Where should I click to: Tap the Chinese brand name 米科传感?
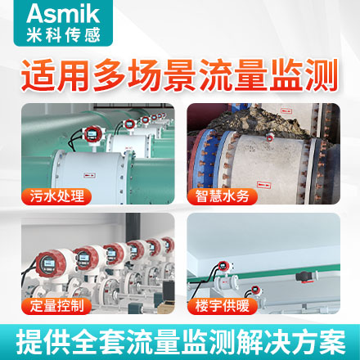tap(63, 35)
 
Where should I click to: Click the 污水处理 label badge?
tap(56, 196)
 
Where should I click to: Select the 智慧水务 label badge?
tap(223, 196)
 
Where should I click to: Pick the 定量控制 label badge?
tap(56, 306)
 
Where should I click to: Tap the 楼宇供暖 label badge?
tap(223, 306)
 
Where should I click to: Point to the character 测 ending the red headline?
tap(322, 75)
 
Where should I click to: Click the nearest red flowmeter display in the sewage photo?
tap(92, 134)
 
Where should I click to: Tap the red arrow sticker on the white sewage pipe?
tap(89, 175)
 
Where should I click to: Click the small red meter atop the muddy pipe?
tap(270, 137)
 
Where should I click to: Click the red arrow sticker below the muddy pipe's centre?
tap(263, 185)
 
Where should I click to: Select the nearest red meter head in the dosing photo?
tap(51, 264)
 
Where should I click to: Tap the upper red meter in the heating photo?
tap(224, 265)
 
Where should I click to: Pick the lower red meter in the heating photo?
tap(256, 290)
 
